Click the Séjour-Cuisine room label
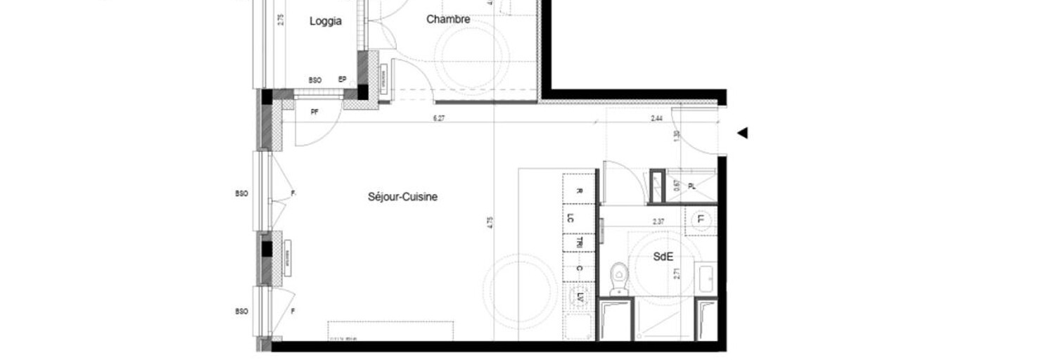click(402, 197)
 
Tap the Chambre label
click(448, 20)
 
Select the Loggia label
click(326, 22)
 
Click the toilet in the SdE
click(619, 278)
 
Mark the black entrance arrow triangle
click(741, 133)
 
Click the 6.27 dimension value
click(438, 118)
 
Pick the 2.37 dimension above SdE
click(658, 221)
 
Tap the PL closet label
click(691, 186)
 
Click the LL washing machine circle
click(701, 219)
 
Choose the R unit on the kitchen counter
click(579, 191)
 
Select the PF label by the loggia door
click(314, 112)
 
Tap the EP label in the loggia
click(343, 79)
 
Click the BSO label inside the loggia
click(314, 80)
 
